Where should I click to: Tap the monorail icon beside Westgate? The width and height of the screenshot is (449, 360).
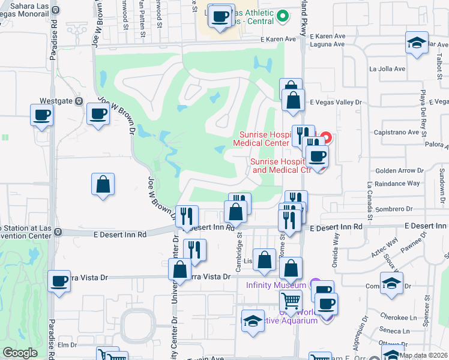pyautogui.click(x=79, y=101)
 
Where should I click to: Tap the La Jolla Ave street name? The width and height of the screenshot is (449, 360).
pyautogui.click(x=387, y=69)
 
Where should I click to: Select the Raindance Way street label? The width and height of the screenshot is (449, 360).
pyautogui.click(x=396, y=183)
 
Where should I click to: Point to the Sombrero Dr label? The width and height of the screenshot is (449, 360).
pyautogui.click(x=397, y=209)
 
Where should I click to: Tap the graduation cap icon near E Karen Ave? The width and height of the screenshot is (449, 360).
pyautogui.click(x=416, y=43)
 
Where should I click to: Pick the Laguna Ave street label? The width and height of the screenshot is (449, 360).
pyautogui.click(x=328, y=44)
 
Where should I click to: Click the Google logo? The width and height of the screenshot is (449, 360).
pyautogui.click(x=20, y=353)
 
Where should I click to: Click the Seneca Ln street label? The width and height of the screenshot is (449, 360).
pyautogui.click(x=396, y=331)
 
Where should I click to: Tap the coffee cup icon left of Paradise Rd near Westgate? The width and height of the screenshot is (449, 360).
pyautogui.click(x=41, y=115)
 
